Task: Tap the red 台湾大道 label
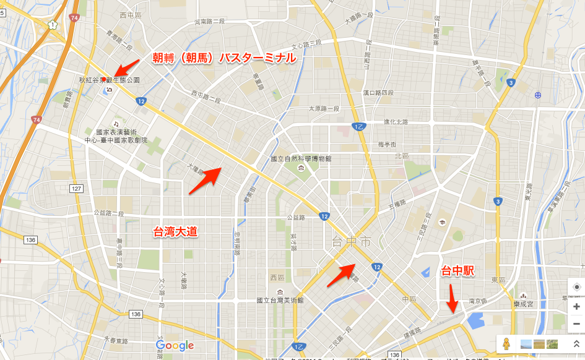pos(175,232)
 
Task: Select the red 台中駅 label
pos(457,271)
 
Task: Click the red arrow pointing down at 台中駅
pos(453,301)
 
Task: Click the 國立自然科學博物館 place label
pos(300,159)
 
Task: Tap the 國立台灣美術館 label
pos(280,300)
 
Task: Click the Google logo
pos(175,346)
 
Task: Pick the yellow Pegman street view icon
pos(506,344)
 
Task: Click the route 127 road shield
pos(77,189)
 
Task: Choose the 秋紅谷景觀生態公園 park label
pos(109,80)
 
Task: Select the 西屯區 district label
pos(131,15)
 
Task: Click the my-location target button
pos(576,287)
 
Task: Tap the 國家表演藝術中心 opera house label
pos(116,136)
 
